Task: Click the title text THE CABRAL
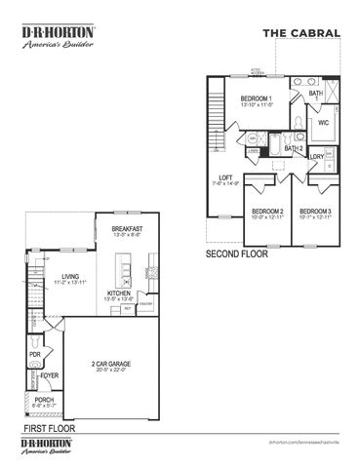coord(301,33)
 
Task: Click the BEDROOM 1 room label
coord(257,99)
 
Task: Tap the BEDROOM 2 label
coord(267,212)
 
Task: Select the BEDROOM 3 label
coord(314,212)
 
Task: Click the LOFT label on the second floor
coord(225,178)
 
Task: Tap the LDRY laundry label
coord(317,157)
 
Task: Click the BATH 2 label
coord(294,148)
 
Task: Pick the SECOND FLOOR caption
coord(237,253)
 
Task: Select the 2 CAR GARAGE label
coord(109,364)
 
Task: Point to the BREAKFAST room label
coord(128,229)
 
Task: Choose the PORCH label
coord(45,400)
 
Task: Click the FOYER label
coord(50,372)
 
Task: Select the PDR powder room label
coord(34,354)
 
